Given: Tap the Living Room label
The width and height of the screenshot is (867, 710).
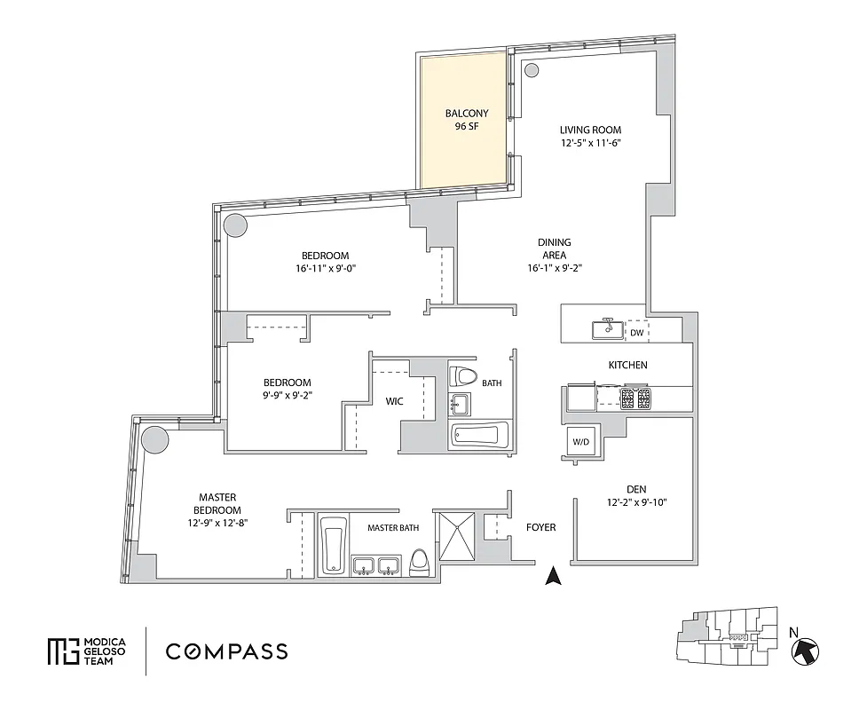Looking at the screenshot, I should click(x=590, y=130).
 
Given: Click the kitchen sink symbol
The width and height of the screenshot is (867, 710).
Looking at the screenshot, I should click(x=609, y=329).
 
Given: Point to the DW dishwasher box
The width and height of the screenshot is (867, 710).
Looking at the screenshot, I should click(x=637, y=333).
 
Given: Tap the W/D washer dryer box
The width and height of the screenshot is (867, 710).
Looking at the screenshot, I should click(x=581, y=441).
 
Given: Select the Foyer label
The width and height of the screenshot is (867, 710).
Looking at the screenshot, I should click(x=540, y=527).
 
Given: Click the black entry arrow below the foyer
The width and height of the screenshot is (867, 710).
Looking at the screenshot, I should click(x=554, y=577).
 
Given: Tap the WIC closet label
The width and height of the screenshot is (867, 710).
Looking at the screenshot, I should click(x=395, y=401).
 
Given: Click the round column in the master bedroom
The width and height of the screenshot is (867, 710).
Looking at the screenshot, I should click(x=155, y=439).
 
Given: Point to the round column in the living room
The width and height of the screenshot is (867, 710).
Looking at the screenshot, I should click(x=532, y=71).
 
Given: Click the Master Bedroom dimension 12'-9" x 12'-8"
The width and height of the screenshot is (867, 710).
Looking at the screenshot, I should click(x=217, y=523).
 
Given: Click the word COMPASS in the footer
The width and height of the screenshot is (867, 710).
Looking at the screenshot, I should click(x=226, y=651).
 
